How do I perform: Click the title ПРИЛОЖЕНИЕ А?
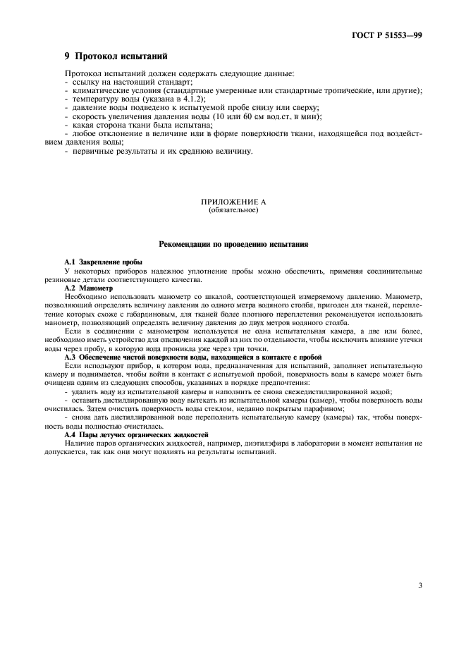click(233, 202)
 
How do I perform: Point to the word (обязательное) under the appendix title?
click(233, 210)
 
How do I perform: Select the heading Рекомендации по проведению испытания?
click(233, 244)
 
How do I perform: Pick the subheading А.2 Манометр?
click(88, 288)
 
